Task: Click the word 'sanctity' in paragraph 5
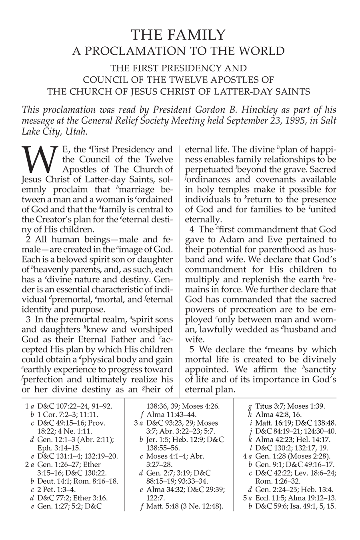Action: [x=318, y=369]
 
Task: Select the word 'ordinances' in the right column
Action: [x=209, y=180]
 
